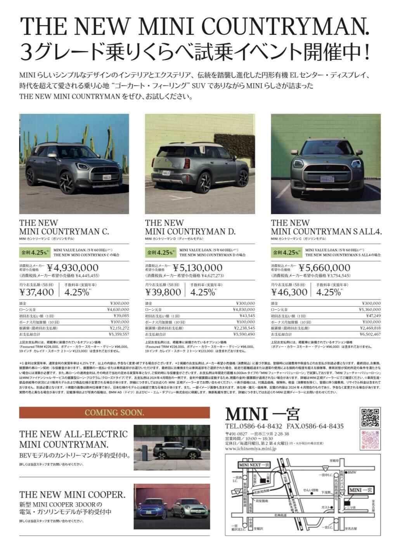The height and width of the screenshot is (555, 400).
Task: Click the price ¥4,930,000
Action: tap(73, 268)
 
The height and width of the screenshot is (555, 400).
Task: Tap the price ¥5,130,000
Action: tap(198, 268)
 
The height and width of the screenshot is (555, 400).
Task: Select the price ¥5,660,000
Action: tap(325, 268)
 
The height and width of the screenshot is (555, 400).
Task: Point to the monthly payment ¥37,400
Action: tap(36, 292)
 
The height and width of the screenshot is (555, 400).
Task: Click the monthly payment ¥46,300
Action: tap(289, 292)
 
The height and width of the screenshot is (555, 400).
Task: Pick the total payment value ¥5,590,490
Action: tap(244, 334)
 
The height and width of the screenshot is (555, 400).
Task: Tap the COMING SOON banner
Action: tap(114, 412)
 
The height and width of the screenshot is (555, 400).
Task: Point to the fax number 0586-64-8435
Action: tap(322, 426)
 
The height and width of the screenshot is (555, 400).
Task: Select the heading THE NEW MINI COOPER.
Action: tap(72, 495)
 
